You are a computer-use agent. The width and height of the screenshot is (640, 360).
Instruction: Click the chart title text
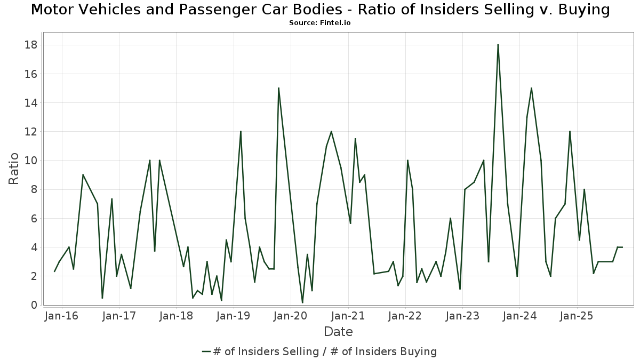click(320, 10)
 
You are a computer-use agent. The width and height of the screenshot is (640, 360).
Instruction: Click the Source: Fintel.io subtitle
click(319, 23)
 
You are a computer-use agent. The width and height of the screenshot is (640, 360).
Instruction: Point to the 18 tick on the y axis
click(30, 45)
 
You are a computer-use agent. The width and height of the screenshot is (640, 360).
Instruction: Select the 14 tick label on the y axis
click(30, 102)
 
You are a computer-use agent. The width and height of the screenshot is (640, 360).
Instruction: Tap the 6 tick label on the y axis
click(34, 218)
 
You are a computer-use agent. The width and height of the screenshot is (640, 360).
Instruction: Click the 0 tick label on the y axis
click(34, 305)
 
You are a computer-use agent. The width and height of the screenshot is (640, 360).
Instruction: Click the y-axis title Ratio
click(14, 169)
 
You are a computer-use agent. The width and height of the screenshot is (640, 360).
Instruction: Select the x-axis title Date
click(338, 332)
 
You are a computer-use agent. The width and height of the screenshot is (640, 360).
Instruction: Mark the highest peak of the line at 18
click(498, 45)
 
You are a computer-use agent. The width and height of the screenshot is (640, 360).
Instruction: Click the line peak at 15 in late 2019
click(278, 88)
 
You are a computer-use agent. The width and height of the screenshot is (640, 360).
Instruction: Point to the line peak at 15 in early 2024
click(531, 88)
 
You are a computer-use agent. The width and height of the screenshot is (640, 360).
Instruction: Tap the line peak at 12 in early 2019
click(241, 131)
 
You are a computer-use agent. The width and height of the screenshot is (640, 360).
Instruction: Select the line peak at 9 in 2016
click(83, 175)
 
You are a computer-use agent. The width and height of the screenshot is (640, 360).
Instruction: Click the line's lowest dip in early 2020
click(302, 303)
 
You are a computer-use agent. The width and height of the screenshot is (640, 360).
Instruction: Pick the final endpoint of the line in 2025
click(622, 247)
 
